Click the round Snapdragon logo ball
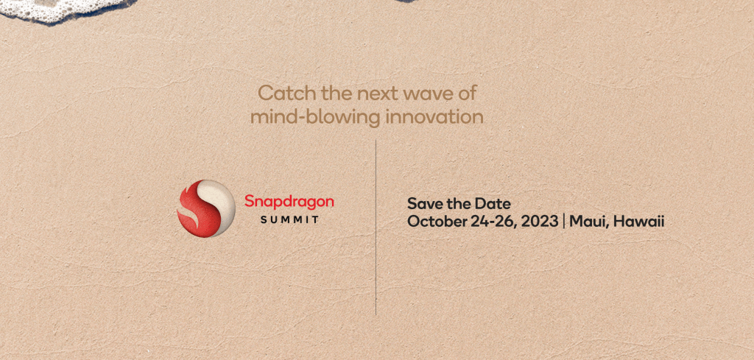(206, 208)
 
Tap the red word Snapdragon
(289, 202)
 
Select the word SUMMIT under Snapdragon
(289, 220)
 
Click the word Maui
(584, 222)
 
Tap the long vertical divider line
(376, 227)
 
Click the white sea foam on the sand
(63, 10)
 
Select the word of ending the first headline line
(468, 93)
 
